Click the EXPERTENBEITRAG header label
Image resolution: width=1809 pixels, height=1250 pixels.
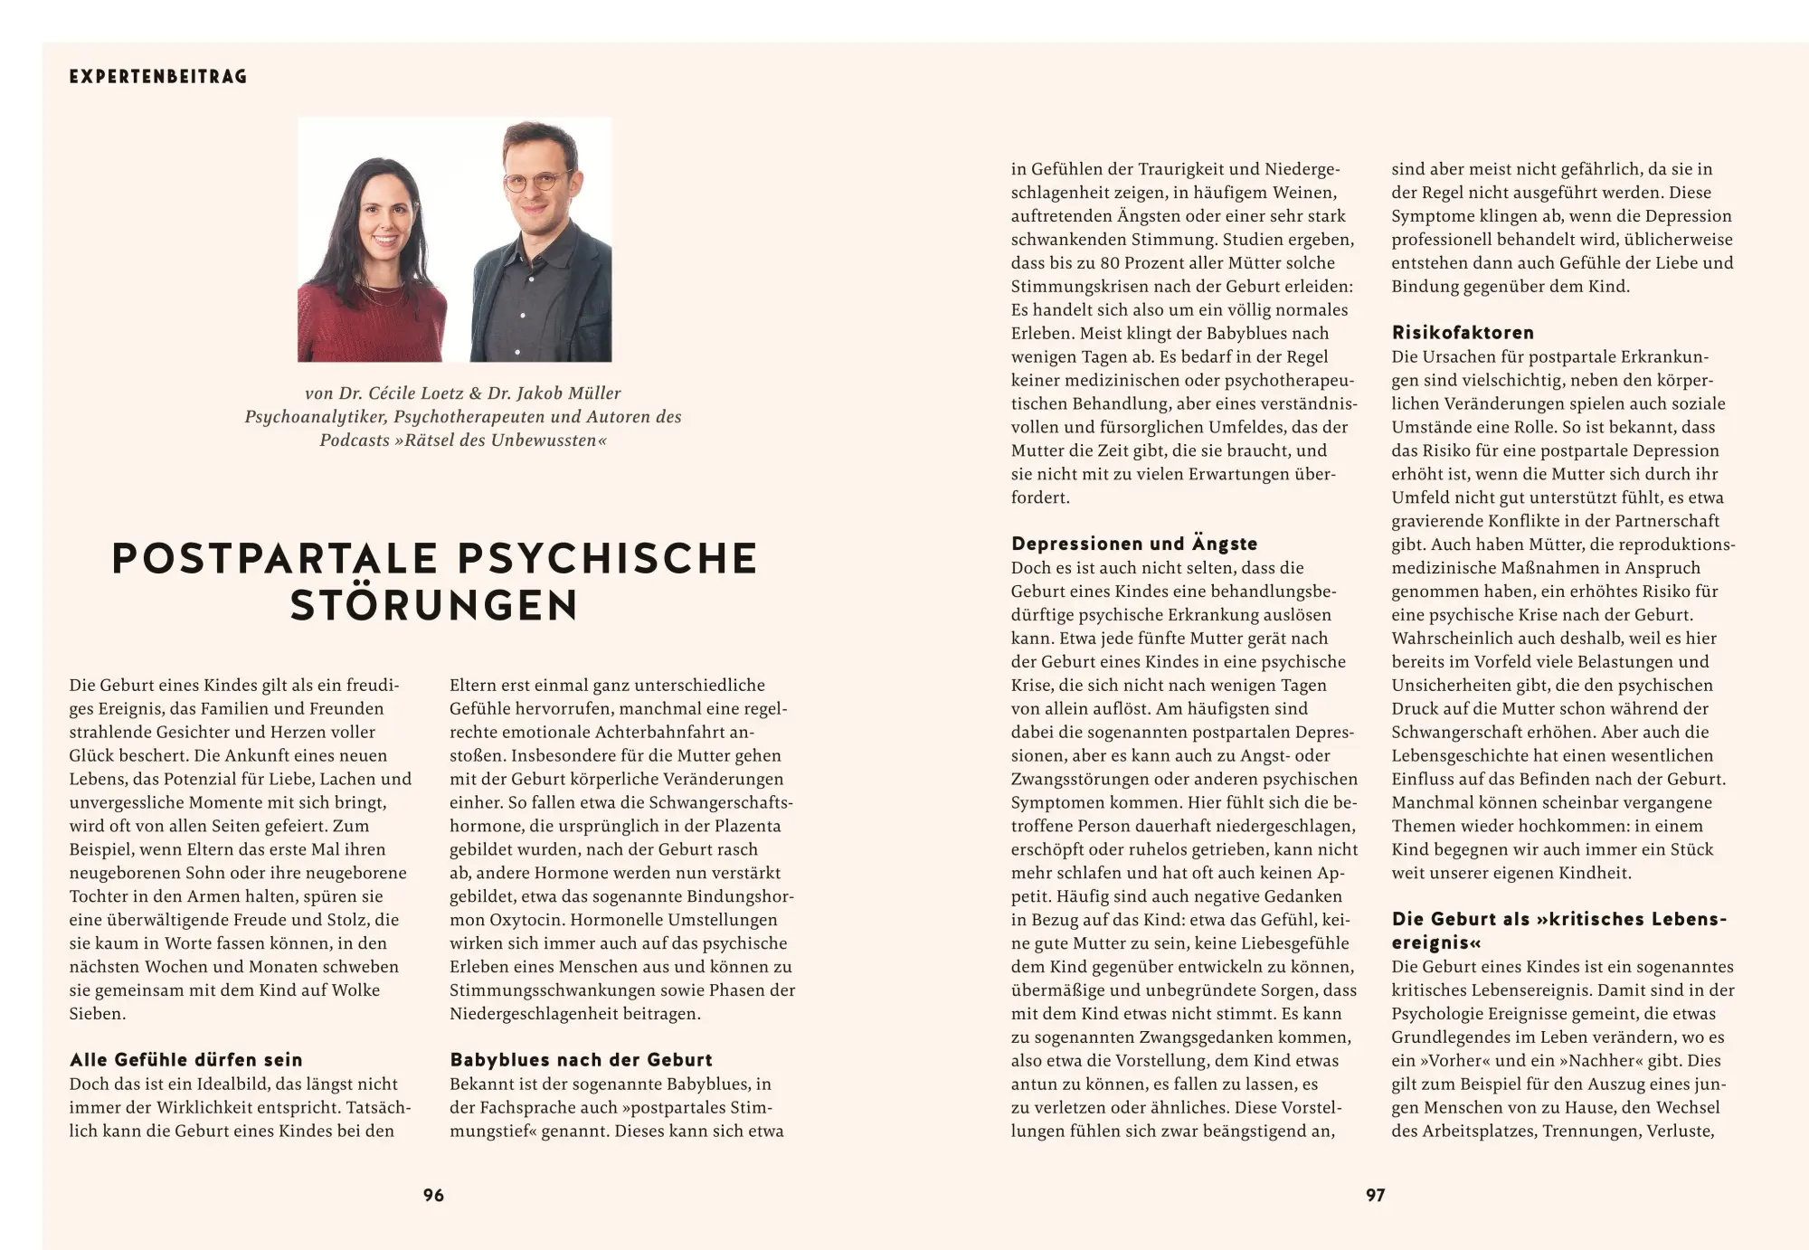pos(158,77)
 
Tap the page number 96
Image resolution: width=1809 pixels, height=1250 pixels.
pos(433,1195)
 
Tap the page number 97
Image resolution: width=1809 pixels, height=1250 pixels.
pos(1375,1195)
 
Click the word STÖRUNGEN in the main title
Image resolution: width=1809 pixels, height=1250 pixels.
pos(433,606)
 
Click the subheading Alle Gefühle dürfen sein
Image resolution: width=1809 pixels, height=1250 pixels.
pos(185,1059)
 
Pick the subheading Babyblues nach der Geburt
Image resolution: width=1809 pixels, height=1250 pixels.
pos(581,1059)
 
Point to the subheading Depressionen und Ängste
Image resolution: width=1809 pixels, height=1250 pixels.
pos(1134,544)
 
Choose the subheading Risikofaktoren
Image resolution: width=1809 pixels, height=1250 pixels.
pos(1463,332)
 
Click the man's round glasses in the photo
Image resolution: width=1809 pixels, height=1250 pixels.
pos(536,182)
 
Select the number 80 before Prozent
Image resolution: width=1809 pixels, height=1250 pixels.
pos(1109,263)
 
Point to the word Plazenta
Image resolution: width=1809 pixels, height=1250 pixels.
pos(747,826)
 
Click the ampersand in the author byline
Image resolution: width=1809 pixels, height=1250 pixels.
pos(475,393)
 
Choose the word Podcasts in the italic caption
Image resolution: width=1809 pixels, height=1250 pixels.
pos(354,440)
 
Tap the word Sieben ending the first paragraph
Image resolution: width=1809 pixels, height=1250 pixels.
pos(97,1014)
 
